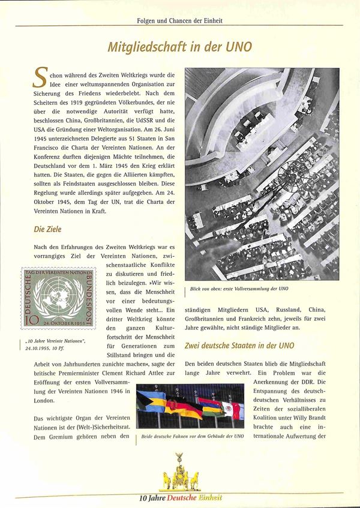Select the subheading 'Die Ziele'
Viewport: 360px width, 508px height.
click(x=47, y=229)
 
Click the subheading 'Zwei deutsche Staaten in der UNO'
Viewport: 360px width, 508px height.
click(x=240, y=345)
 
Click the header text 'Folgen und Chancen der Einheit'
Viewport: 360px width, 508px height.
click(x=180, y=20)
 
